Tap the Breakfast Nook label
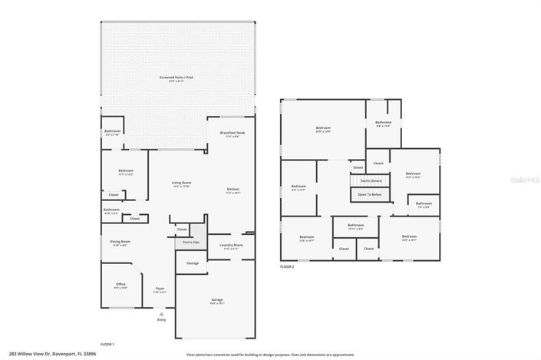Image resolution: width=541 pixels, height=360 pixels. point(232,134)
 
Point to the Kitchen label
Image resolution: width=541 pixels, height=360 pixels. point(232,190)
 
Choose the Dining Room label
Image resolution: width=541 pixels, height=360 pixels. point(120,243)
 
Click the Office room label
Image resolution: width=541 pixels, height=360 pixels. point(120,286)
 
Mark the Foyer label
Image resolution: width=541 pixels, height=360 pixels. point(160,289)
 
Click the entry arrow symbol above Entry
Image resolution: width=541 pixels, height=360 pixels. point(161,314)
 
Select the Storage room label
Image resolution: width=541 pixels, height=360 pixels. point(193,263)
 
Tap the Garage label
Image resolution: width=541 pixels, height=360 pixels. point(217,300)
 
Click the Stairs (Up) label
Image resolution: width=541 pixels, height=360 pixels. point(190,243)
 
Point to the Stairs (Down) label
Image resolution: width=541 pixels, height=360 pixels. point(370,181)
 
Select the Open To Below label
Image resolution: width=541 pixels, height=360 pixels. point(370,195)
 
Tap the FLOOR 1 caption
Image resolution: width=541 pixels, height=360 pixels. point(107,344)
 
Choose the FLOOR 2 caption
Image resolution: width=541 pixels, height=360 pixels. point(286,266)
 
